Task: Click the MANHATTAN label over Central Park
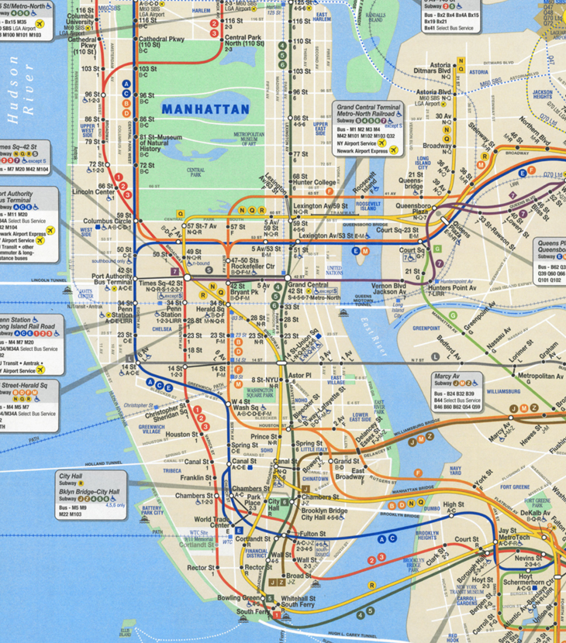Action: (x=205, y=109)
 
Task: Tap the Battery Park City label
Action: (x=153, y=511)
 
